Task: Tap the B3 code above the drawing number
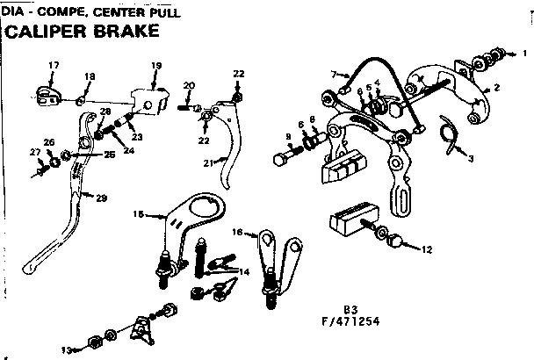click(x=350, y=308)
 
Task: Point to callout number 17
click(x=54, y=66)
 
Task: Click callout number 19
click(x=156, y=66)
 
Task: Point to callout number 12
click(x=427, y=249)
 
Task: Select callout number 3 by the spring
click(x=471, y=158)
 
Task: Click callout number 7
click(x=335, y=73)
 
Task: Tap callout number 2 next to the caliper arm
click(x=496, y=89)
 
